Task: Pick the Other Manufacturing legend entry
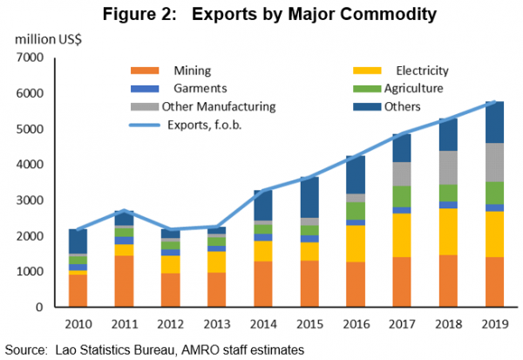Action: pyautogui.click(x=219, y=106)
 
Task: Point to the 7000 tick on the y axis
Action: pyautogui.click(x=28, y=58)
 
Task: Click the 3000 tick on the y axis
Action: pyautogui.click(x=28, y=200)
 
